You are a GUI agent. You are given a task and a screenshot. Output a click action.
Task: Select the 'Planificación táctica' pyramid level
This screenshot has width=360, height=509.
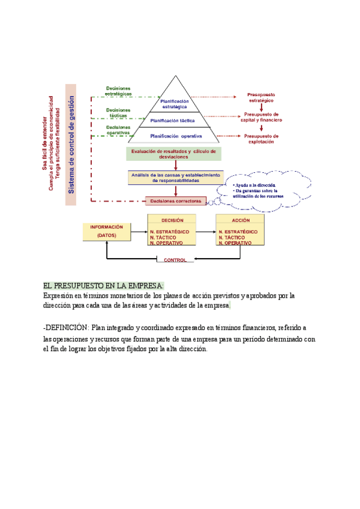(x=175, y=120)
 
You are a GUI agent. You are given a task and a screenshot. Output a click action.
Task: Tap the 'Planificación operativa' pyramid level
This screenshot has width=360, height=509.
(x=176, y=136)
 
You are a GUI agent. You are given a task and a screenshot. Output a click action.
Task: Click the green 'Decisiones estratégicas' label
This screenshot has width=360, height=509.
(x=118, y=91)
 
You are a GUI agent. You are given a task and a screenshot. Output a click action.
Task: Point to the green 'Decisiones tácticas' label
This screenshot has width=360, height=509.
(x=118, y=113)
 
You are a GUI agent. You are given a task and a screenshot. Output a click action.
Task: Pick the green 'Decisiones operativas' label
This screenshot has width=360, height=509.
(x=118, y=130)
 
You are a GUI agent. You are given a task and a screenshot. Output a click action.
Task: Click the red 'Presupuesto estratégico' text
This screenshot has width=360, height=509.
(x=261, y=98)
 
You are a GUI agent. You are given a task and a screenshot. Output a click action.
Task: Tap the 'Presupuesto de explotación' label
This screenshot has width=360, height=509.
(x=262, y=139)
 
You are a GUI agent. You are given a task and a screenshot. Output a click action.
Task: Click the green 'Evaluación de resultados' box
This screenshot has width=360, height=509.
(x=174, y=153)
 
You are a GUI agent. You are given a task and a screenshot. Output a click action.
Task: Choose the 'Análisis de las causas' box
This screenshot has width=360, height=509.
(x=175, y=177)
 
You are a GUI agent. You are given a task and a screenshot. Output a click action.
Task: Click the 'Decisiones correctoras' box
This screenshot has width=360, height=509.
(x=176, y=201)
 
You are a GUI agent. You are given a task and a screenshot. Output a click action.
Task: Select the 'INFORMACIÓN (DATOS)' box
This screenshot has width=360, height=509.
(x=106, y=231)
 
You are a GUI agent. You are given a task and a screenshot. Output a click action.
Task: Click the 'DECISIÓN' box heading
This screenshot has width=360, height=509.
(x=172, y=220)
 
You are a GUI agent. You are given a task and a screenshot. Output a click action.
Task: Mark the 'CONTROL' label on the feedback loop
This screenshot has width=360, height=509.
(x=175, y=261)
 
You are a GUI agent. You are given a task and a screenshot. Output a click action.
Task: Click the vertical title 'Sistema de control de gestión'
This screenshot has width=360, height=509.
(x=71, y=144)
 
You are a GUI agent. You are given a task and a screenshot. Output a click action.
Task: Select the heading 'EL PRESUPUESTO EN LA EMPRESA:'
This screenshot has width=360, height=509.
(x=103, y=286)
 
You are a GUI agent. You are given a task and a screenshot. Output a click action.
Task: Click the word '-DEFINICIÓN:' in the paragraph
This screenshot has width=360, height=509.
(x=65, y=327)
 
